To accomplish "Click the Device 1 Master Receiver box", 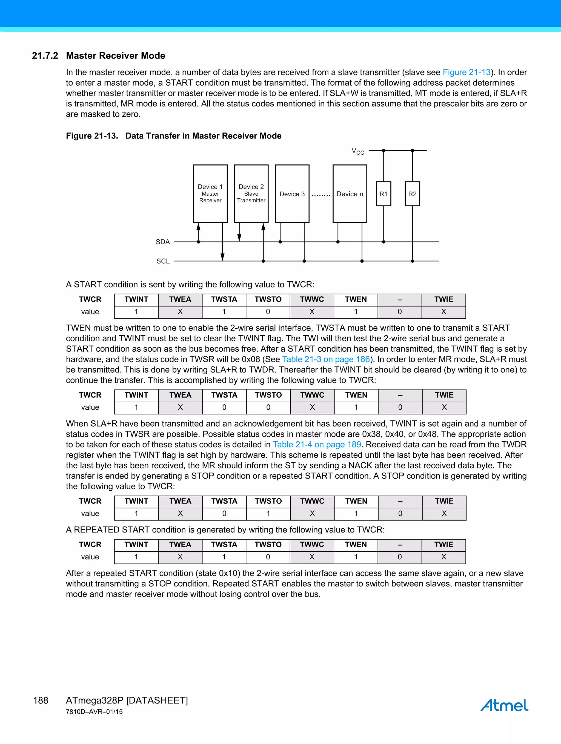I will (x=210, y=193).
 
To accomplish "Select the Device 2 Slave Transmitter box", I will (x=251, y=193).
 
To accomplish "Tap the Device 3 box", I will (x=292, y=194).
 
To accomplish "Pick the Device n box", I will (x=350, y=194).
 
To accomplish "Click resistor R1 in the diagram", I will (x=383, y=194).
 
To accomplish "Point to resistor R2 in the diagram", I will (x=412, y=194).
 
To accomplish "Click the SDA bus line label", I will (x=163, y=242).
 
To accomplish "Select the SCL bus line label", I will (x=163, y=261).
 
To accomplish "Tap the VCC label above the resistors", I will (x=358, y=151).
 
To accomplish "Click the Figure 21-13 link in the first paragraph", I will (x=466, y=72).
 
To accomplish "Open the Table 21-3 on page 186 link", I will (x=326, y=359).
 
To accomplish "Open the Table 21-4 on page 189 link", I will (x=317, y=444).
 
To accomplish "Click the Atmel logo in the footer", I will (x=504, y=705).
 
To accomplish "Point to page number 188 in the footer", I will (x=41, y=700).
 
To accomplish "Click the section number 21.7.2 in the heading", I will (x=45, y=56).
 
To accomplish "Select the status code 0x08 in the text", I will (x=251, y=359).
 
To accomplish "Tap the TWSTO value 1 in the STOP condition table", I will (x=268, y=513).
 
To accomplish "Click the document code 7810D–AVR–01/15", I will (x=94, y=712).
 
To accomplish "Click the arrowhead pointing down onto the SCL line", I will (x=222, y=257).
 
